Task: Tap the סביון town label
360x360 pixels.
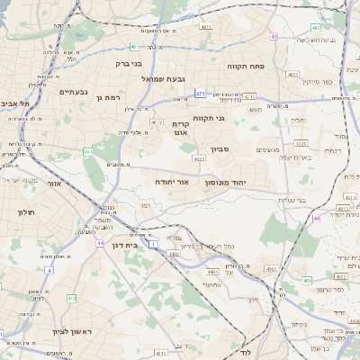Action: coord(220,148)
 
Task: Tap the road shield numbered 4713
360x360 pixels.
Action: coord(249,96)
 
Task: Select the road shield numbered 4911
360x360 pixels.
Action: coord(206,27)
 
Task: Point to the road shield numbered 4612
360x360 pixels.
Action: coord(157,121)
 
